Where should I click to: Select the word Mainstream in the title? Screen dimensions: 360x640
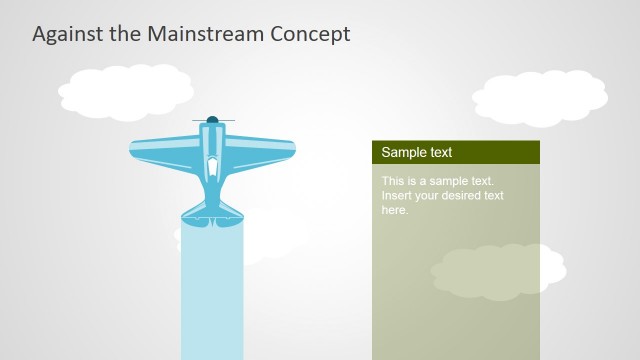pyautogui.click(x=205, y=33)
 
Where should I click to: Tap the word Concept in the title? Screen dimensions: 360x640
pyautogui.click(x=311, y=33)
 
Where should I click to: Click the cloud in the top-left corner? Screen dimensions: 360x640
pyautogui.click(x=126, y=89)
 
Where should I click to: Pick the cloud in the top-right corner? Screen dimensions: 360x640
pyautogui.click(x=540, y=96)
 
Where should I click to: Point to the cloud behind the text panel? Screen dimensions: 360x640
pyautogui.click(x=497, y=271)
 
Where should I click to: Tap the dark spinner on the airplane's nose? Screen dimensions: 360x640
pyautogui.click(x=212, y=120)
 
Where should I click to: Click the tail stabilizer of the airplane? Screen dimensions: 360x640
pyautogui.click(x=212, y=211)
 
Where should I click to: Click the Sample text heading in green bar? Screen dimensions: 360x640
pyautogui.click(x=417, y=152)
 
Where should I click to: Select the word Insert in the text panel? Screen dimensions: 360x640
pyautogui.click(x=397, y=196)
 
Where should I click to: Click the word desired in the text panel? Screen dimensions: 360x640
pyautogui.click(x=462, y=196)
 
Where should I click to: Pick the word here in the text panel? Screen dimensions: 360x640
pyautogui.click(x=394, y=210)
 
